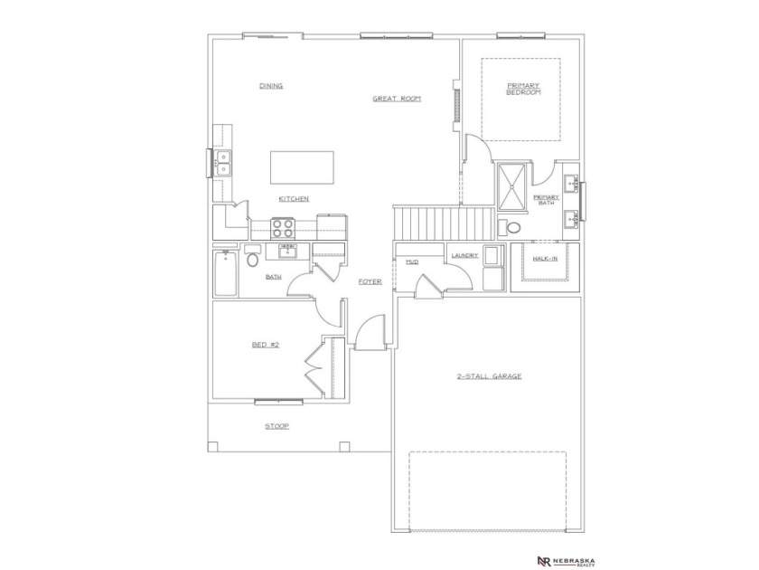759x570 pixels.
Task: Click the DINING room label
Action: tap(271, 86)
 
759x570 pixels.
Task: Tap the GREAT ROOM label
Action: tap(397, 98)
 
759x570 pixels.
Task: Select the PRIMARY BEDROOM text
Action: tap(523, 89)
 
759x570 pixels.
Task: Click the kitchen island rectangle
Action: tap(301, 167)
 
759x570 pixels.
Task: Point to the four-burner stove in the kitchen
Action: tap(284, 228)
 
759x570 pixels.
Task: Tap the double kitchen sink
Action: tap(221, 163)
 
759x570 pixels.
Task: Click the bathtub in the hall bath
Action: tap(226, 273)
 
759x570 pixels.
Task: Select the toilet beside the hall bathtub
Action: tap(252, 260)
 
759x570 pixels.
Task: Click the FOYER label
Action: tap(370, 281)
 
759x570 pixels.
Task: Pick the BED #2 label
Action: tap(264, 344)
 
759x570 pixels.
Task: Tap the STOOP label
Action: tap(276, 425)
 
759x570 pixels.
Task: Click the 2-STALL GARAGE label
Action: tap(489, 375)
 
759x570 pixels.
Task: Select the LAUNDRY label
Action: tap(464, 256)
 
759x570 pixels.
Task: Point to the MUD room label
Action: tap(412, 261)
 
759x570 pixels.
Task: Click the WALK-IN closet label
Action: tap(545, 259)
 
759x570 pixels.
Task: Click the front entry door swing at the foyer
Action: tap(370, 336)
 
